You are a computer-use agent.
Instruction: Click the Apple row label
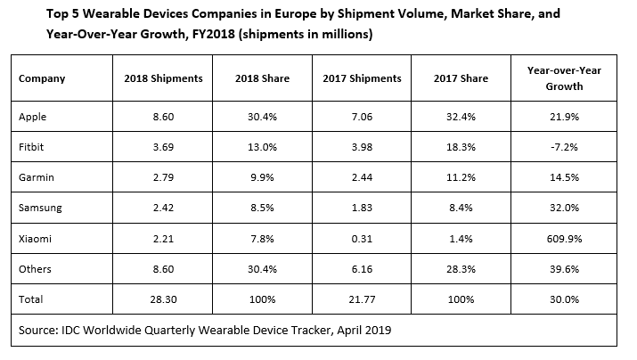pos(33,116)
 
